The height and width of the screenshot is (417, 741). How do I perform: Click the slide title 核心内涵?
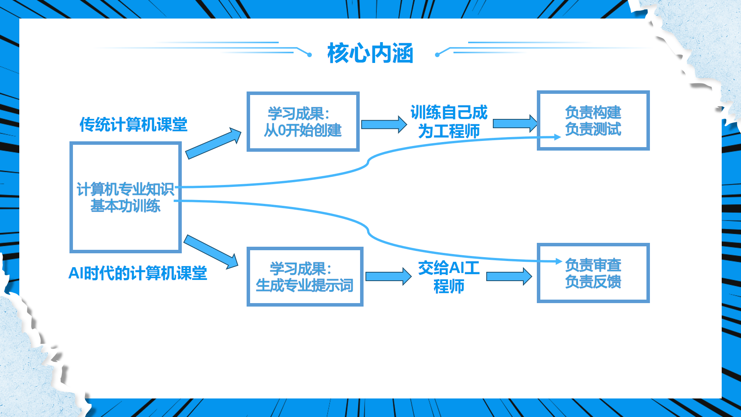pos(370,53)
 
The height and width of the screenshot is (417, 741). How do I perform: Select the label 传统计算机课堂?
pos(133,124)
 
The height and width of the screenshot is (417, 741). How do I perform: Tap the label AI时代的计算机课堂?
pos(137,273)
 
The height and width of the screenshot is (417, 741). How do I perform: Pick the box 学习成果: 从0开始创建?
pos(303,122)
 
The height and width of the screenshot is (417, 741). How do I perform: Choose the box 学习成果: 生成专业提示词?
pos(305,277)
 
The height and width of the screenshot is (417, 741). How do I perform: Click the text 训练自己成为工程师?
pos(449,122)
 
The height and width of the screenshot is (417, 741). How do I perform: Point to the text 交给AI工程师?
pos(449,277)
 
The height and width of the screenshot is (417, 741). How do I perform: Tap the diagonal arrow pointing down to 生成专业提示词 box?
pos(211,251)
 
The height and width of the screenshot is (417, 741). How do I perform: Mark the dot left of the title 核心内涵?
pos(310,55)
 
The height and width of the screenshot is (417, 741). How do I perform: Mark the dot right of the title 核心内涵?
pos(437,55)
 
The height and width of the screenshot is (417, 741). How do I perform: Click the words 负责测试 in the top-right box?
pos(593,129)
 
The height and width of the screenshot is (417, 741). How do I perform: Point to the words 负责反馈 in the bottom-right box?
pos(593,282)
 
